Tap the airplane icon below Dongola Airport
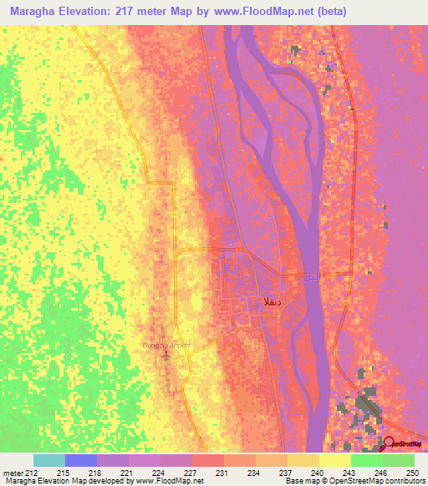165,355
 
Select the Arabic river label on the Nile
310,276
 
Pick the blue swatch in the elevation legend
80,460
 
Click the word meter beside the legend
13,473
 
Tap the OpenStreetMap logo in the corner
405,444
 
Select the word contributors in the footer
404,482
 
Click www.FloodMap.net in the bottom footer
163,482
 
